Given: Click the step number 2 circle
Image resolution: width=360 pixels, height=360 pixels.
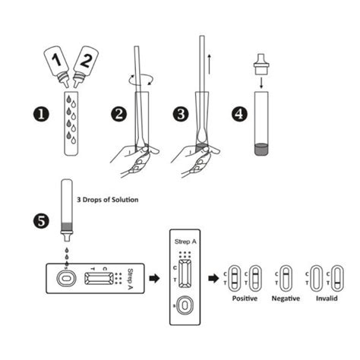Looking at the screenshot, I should (x=119, y=115).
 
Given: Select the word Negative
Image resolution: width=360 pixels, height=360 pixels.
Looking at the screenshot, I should (x=286, y=298).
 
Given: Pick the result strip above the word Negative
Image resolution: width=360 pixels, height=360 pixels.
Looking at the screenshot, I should (x=286, y=278).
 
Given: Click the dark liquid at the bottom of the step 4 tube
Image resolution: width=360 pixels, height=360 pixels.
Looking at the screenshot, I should (x=261, y=149).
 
